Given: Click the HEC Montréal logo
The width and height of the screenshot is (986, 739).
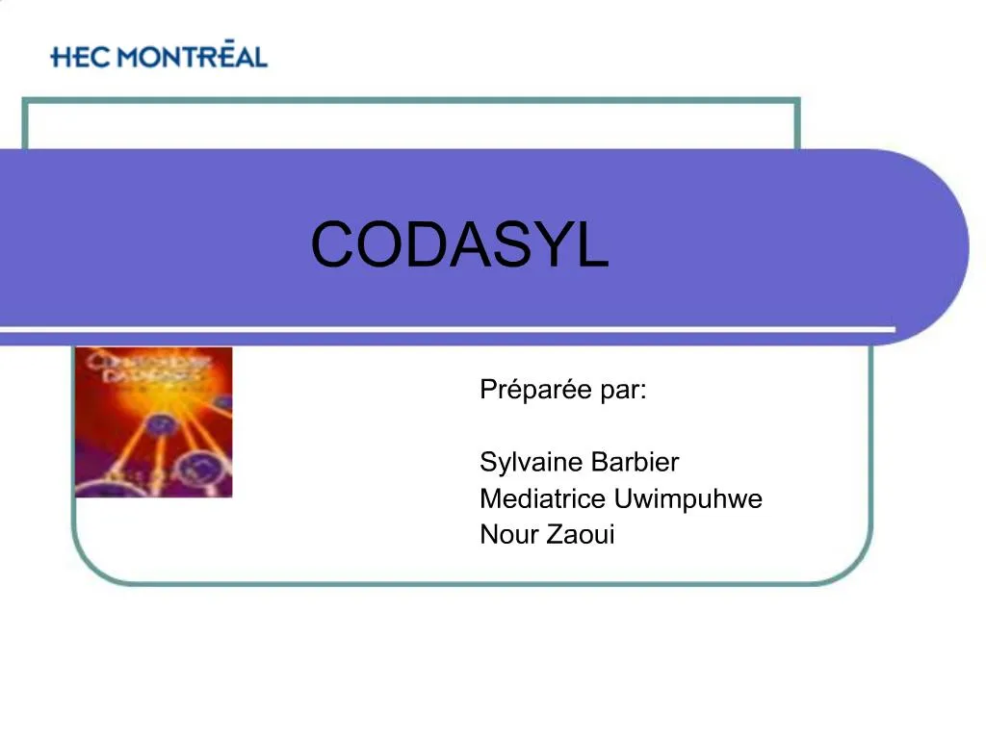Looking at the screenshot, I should coord(159,56).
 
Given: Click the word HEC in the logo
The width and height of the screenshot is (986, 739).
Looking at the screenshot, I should coord(81,57).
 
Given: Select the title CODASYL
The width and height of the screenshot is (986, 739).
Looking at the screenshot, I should coord(459,245).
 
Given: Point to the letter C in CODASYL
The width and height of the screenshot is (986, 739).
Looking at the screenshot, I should coord(331,245).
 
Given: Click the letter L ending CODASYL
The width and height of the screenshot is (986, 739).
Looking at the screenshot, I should coord(594,245).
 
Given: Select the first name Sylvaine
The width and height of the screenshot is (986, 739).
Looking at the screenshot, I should coord(532,463).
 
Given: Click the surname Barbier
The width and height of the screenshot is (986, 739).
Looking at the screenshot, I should coord(635,463).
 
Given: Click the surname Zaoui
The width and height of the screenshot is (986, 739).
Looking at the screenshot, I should coord(581,535).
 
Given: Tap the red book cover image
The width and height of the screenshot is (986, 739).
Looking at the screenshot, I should coord(153,422).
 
